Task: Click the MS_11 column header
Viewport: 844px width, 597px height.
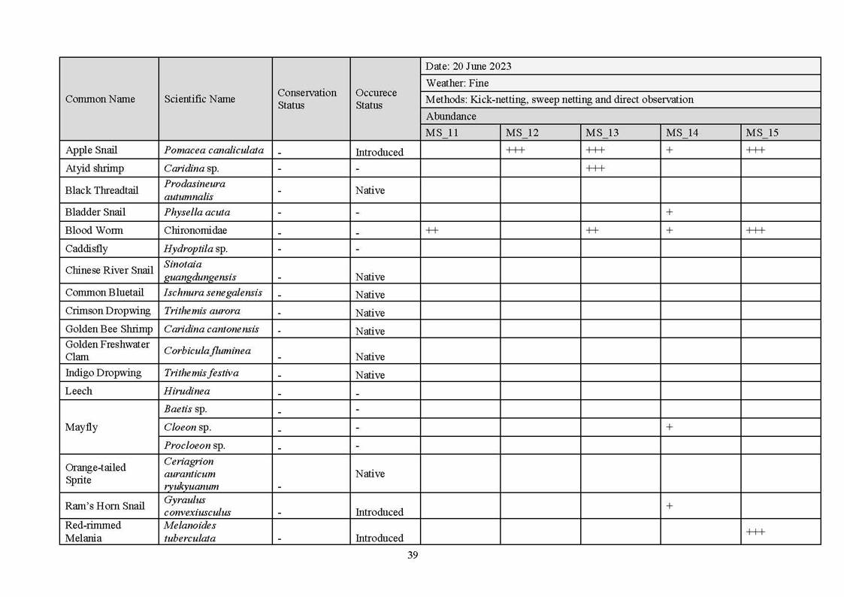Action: tap(442, 133)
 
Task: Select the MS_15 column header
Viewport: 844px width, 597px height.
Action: tap(762, 133)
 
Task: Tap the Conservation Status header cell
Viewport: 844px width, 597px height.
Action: tap(307, 98)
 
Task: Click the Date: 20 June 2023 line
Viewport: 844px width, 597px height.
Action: tap(468, 66)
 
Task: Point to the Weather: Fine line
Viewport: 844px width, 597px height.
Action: tap(457, 83)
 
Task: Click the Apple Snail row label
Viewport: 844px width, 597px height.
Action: tap(91, 150)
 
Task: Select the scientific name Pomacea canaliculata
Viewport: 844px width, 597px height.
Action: tap(213, 150)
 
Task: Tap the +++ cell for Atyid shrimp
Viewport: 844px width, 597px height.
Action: tap(594, 168)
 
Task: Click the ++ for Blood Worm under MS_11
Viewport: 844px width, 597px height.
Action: tap(432, 230)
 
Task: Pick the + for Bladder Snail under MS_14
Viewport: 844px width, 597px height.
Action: tap(669, 212)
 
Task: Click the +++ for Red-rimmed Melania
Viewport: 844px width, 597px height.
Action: tap(755, 532)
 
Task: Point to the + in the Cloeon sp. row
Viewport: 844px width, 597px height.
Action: tap(669, 427)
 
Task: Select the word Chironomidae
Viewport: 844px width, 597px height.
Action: tap(195, 230)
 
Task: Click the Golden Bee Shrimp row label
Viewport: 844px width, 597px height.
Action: tap(108, 329)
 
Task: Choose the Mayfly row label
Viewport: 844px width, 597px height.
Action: tap(81, 427)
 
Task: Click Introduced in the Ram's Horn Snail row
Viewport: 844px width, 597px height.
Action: tap(380, 512)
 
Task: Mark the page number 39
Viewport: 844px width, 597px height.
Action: tap(413, 555)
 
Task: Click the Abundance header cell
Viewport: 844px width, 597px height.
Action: tap(451, 117)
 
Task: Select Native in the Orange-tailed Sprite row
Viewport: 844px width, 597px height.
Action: tap(370, 474)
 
